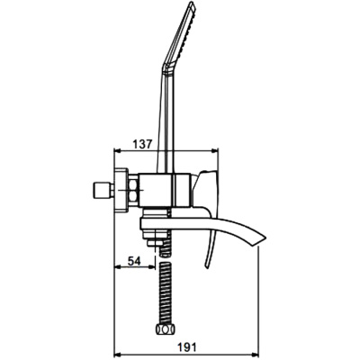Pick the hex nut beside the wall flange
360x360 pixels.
point(133,191)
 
